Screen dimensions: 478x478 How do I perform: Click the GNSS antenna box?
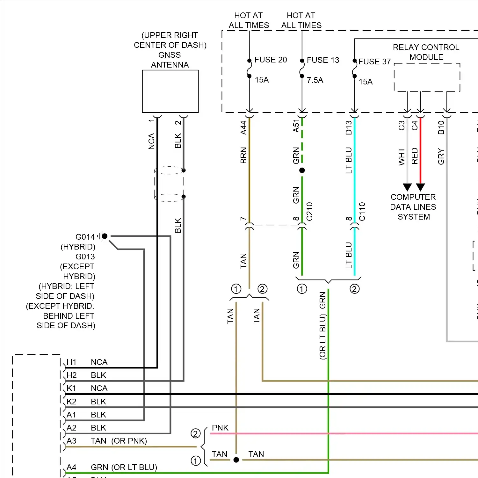click(170, 91)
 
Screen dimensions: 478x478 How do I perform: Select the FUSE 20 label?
click(271, 60)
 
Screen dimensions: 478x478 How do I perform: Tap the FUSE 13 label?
click(323, 60)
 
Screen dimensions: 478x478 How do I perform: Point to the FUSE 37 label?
click(374, 62)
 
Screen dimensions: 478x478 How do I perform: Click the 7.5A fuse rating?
click(315, 80)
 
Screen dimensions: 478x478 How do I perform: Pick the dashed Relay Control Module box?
click(427, 77)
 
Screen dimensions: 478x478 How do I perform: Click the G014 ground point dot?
click(105, 236)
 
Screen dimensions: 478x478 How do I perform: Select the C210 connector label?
click(309, 212)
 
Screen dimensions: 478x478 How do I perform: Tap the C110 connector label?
click(362, 212)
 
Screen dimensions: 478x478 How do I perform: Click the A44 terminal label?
click(243, 127)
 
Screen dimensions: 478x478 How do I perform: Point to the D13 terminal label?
click(349, 127)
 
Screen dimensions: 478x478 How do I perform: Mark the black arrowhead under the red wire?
click(420, 187)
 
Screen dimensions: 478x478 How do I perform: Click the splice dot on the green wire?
click(302, 170)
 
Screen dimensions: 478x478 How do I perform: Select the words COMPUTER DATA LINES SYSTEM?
click(413, 207)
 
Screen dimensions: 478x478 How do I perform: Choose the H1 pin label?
click(71, 362)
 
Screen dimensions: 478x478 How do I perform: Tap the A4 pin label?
click(71, 467)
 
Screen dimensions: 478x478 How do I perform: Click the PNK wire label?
click(220, 428)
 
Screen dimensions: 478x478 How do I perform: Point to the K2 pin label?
click(71, 402)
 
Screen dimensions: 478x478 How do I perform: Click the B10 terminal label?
click(441, 127)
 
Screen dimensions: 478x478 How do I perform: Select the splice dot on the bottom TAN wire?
click(236, 460)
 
